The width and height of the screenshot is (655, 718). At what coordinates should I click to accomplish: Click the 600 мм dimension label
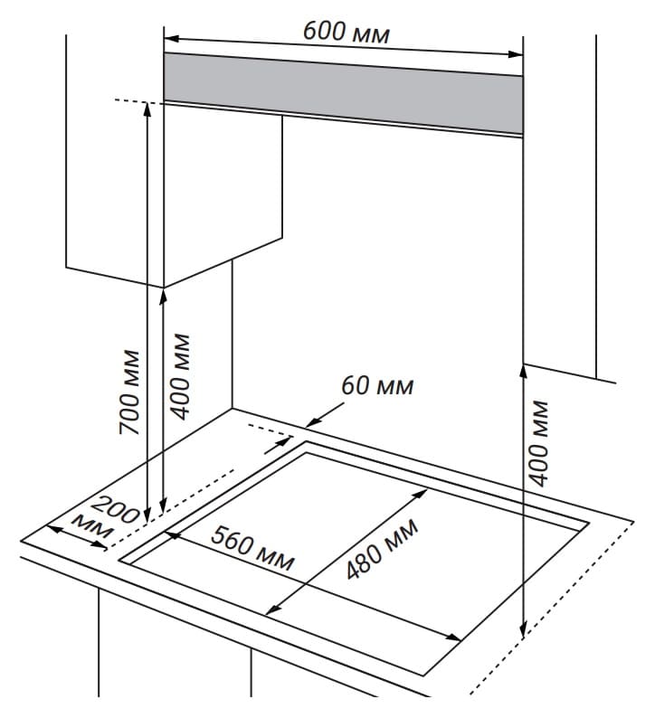coord(346,32)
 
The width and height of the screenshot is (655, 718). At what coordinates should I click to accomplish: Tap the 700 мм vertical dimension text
coord(129,392)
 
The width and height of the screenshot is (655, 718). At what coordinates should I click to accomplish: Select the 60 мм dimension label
coord(377,385)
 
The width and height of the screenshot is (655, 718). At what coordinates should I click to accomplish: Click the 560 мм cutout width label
coord(252,548)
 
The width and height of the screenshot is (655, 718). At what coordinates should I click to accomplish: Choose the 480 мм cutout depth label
coord(382,549)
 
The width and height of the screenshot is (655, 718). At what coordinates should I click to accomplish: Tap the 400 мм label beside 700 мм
coord(180,376)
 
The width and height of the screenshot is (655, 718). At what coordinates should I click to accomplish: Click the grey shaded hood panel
coord(343,93)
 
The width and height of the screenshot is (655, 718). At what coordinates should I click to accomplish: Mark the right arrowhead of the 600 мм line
coord(516,54)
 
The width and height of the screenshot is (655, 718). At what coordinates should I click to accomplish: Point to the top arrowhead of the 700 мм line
coord(147,110)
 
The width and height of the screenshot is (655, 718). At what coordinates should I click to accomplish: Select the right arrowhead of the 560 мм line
coord(453,637)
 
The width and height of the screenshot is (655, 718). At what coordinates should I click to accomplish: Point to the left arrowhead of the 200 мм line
coord(54,529)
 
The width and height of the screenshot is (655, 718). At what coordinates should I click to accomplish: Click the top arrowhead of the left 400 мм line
coord(163,297)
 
